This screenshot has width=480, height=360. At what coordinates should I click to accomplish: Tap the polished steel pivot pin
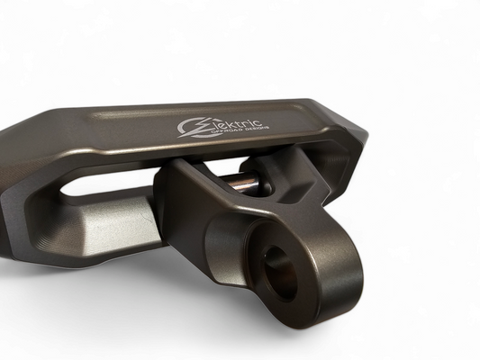point(242,183)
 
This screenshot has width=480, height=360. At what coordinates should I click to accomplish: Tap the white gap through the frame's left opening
point(99,184)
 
